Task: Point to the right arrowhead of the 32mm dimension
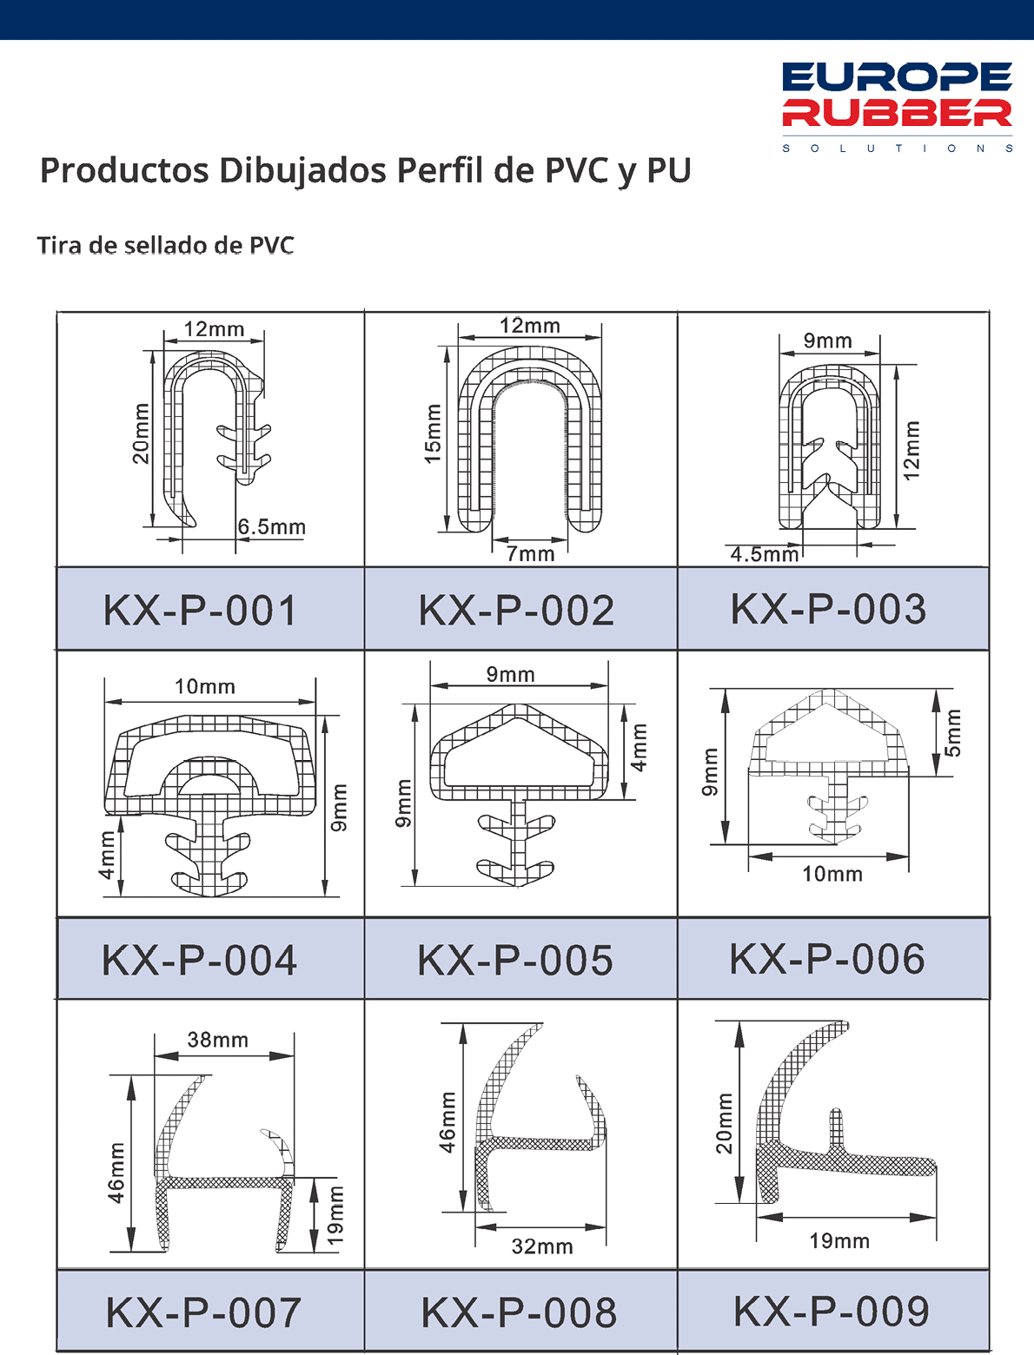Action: (x=595, y=1226)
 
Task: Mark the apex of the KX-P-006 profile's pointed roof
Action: (x=829, y=690)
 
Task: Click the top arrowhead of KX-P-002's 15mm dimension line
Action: (x=447, y=355)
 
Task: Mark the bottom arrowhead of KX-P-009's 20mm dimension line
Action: (x=739, y=1191)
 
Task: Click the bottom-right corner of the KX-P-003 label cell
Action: (x=989, y=650)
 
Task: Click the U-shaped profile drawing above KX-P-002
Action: (x=530, y=439)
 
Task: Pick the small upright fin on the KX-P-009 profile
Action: (x=835, y=1129)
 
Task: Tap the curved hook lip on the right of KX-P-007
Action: (x=277, y=1152)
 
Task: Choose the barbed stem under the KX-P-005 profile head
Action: (x=517, y=843)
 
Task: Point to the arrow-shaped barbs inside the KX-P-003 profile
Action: (x=829, y=466)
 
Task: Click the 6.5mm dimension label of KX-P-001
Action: (x=272, y=527)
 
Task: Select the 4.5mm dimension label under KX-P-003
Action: (x=765, y=554)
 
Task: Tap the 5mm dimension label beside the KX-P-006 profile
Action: (x=954, y=733)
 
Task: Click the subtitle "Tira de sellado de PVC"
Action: (x=165, y=245)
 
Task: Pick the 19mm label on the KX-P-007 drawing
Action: (x=334, y=1216)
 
